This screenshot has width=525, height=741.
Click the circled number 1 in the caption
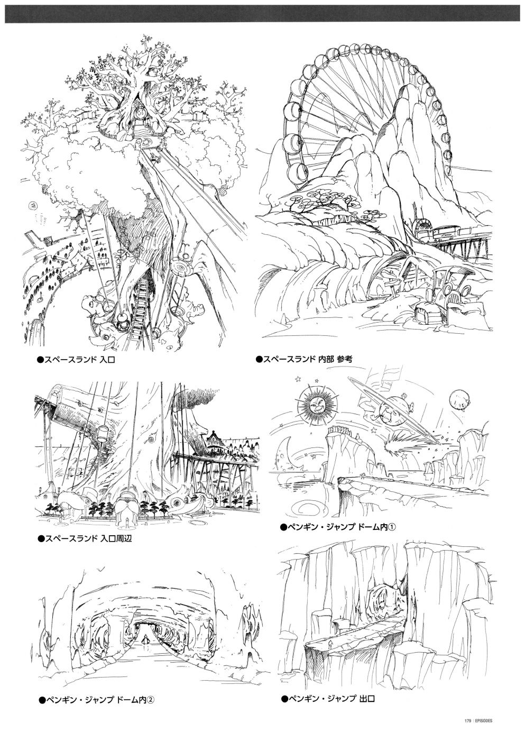pyautogui.click(x=391, y=527)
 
